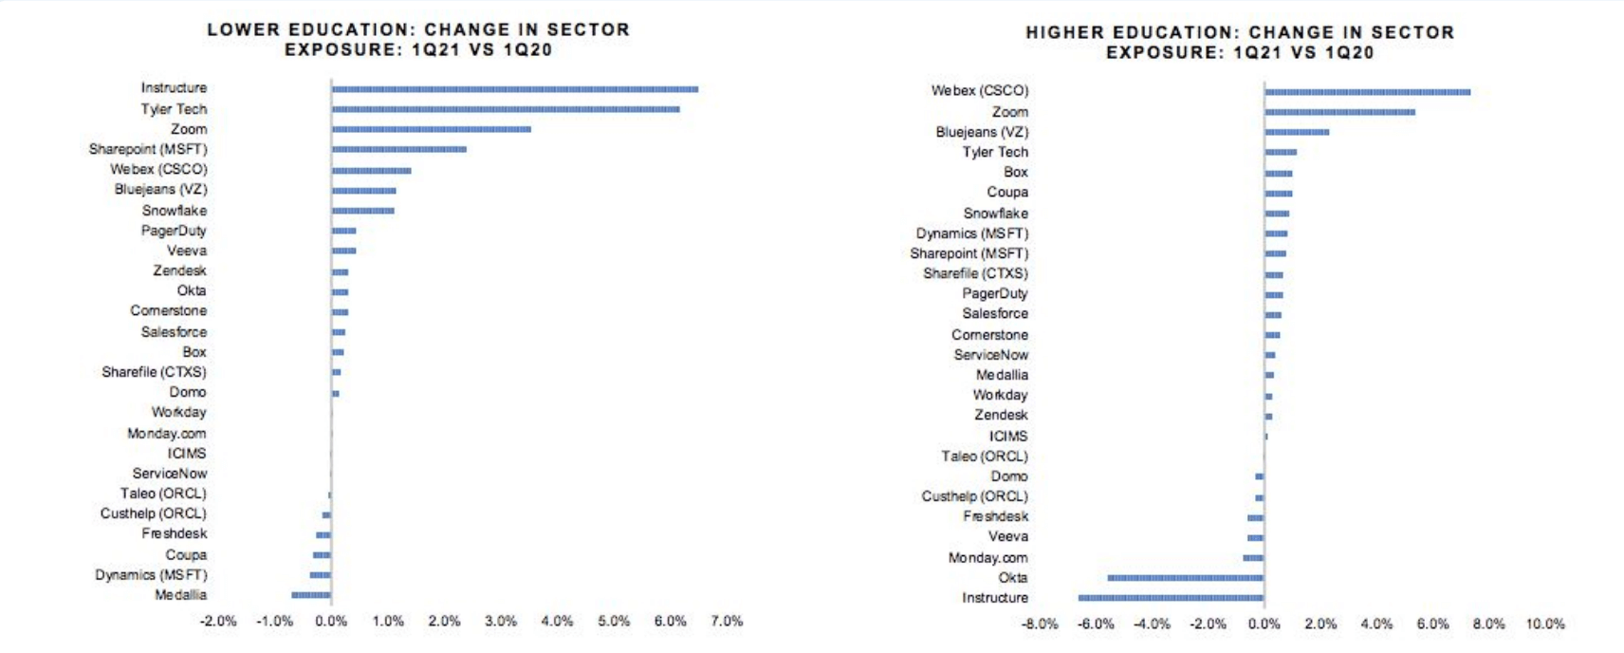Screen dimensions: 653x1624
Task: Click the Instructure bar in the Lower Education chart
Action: (514, 89)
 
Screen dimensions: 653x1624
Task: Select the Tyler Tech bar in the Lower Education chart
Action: (505, 109)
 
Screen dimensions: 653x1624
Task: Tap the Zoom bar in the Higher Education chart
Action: (1339, 112)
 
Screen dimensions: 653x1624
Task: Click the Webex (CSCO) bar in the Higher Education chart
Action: (1367, 92)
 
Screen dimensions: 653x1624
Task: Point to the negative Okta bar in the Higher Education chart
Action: (1185, 577)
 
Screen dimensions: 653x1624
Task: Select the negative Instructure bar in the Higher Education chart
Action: (1171, 598)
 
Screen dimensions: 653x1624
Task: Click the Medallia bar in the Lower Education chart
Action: (311, 595)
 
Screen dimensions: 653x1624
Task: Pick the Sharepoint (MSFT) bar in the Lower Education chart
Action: (398, 149)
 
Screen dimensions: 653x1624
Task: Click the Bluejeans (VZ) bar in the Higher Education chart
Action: (1296, 132)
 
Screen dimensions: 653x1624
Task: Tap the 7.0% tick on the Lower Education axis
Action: (727, 621)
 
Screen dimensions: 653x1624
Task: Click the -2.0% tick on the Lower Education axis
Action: (218, 621)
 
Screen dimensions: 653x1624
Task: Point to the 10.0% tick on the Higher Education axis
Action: (1544, 624)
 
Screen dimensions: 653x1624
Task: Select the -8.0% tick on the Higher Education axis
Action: (1040, 624)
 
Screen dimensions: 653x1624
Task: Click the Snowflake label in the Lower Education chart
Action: (175, 211)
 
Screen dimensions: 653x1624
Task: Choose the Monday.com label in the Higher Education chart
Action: (987, 558)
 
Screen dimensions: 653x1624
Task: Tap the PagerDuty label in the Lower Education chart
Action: (174, 231)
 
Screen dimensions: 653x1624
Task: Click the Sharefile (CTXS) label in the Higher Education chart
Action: (975, 273)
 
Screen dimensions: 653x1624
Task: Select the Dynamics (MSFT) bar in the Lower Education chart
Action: (321, 575)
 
